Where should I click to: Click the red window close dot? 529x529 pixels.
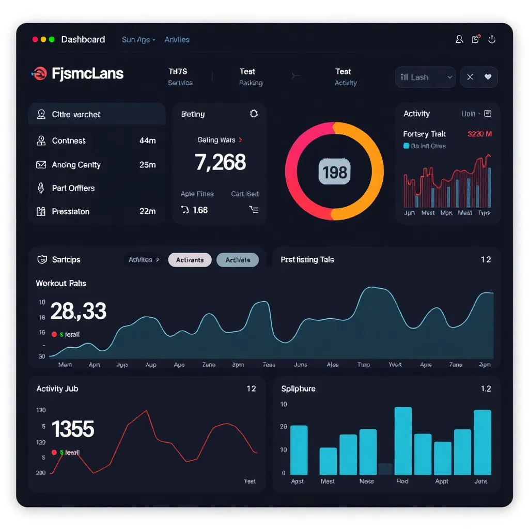[35, 40]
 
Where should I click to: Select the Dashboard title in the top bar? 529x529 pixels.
[83, 40]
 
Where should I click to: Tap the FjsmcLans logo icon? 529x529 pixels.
[39, 74]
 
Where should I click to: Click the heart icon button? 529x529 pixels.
[488, 77]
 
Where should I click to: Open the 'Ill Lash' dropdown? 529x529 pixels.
[425, 77]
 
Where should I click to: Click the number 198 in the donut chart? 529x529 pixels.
[335, 172]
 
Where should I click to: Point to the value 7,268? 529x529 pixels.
[220, 162]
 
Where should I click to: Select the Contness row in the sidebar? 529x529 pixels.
[69, 141]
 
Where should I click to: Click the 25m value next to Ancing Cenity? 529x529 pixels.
[147, 165]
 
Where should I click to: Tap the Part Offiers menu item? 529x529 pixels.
[73, 188]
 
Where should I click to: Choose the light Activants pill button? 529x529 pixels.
[190, 260]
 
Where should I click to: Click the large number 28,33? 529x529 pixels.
[79, 311]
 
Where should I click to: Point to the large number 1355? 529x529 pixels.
[73, 429]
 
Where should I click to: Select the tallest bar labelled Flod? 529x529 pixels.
[403, 441]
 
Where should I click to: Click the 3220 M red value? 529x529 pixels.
[479, 134]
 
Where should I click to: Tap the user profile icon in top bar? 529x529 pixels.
[459, 39]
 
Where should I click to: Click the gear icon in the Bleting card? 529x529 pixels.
[254, 114]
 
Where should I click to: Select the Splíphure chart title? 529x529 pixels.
[298, 388]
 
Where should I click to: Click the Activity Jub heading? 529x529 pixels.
[57, 388]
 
